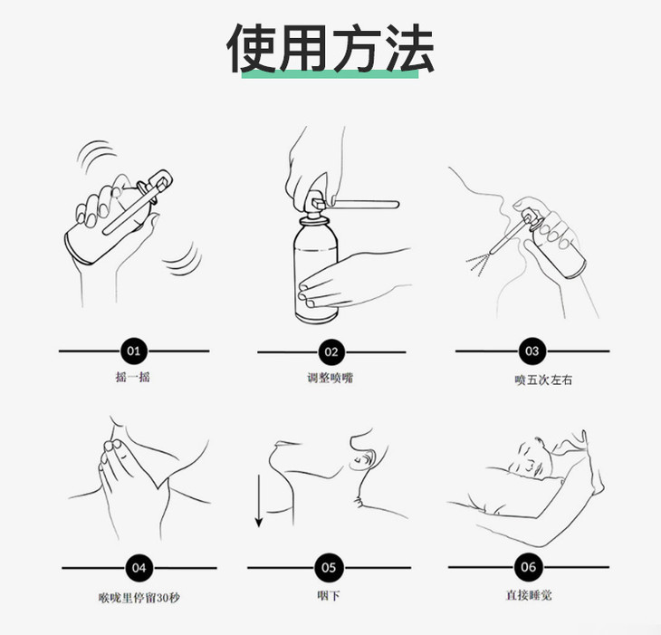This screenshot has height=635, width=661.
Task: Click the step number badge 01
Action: coord(134,351)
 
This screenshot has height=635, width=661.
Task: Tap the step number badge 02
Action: coord(331,352)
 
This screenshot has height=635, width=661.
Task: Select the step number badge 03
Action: coord(532,351)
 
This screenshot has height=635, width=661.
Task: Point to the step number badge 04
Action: coord(139,568)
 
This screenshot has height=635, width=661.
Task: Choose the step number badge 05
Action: coord(329,568)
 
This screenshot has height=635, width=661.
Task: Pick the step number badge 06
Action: coord(528,567)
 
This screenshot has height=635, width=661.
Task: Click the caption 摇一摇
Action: coord(133,377)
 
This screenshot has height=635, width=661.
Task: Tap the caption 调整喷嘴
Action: coord(330,378)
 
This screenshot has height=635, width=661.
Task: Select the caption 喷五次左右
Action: coord(543,380)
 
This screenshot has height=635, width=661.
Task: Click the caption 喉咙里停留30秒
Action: coord(139,598)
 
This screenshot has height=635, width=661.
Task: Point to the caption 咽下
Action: coord(329,595)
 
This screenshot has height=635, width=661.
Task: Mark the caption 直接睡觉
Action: coord(529,595)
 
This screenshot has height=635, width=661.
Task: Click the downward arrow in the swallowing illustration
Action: coord(259,501)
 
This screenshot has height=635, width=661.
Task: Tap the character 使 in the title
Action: coord(252,47)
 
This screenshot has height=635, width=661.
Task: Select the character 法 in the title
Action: coord(410,47)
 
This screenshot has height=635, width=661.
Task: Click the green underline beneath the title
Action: coord(330,73)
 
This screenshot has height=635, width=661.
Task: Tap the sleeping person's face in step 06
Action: coord(532,458)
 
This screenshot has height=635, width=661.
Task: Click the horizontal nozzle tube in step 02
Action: coord(365,205)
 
